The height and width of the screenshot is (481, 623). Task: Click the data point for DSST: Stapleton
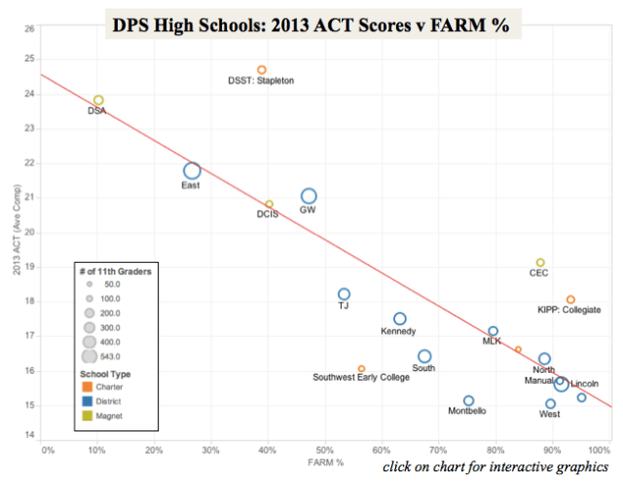click(x=262, y=70)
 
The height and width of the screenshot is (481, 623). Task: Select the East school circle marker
click(x=193, y=171)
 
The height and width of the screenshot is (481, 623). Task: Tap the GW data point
click(x=309, y=197)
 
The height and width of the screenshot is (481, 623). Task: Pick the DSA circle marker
click(x=98, y=100)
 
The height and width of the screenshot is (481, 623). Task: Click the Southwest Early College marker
click(x=361, y=369)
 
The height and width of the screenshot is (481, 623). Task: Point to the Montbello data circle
click(x=468, y=400)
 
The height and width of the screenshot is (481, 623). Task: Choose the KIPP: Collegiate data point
click(x=570, y=300)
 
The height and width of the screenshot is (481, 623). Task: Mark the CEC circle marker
click(x=540, y=263)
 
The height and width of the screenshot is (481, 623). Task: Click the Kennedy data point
click(x=400, y=318)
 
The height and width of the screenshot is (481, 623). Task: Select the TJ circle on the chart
click(x=344, y=294)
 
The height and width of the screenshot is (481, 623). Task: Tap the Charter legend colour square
click(x=88, y=388)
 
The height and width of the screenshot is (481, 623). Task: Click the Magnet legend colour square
click(x=88, y=416)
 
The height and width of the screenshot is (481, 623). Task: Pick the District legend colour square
click(x=88, y=401)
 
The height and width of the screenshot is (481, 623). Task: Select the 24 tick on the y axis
click(x=30, y=94)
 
